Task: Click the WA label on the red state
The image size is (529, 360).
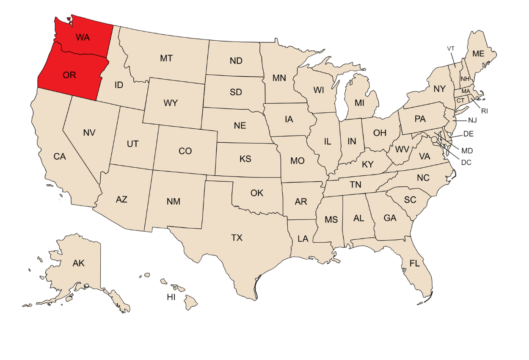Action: tap(83, 37)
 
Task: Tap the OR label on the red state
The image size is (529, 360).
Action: tap(69, 75)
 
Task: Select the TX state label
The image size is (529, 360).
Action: tap(237, 238)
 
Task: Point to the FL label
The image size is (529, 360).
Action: tap(414, 263)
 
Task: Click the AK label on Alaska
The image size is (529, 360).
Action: tap(78, 263)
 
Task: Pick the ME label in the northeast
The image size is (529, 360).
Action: tap(478, 54)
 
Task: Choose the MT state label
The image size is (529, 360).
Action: tap(166, 58)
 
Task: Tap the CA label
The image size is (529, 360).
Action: tap(60, 157)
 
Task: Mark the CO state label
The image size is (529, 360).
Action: tap(185, 151)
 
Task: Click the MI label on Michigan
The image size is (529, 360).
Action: tap(359, 103)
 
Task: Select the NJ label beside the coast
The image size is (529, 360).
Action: tap(472, 121)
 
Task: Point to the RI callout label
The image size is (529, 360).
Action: tap(485, 111)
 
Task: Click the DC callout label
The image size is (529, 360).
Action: tap(466, 162)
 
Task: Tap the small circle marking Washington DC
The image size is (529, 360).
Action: tap(434, 139)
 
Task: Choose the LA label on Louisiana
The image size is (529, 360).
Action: tap(303, 239)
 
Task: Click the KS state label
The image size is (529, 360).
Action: tap(245, 159)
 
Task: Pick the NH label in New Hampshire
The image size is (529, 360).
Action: tap(465, 79)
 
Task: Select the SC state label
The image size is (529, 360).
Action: tap(410, 200)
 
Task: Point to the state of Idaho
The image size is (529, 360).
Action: tap(119, 85)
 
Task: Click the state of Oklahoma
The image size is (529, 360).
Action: tap(257, 193)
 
